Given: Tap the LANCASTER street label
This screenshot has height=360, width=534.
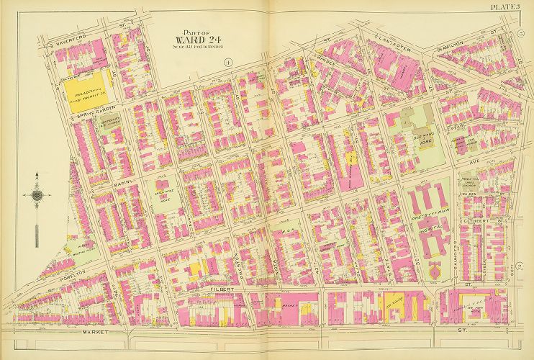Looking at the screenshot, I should pyautogui.click(x=392, y=42).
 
